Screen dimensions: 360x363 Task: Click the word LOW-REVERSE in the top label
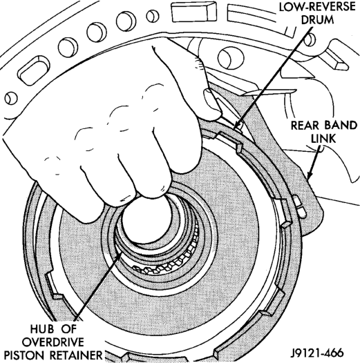point(317,7)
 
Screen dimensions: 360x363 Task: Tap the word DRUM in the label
point(317,20)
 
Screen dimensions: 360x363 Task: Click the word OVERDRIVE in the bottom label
point(53,342)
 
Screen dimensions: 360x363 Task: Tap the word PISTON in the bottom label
point(25,355)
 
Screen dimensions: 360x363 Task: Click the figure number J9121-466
point(317,353)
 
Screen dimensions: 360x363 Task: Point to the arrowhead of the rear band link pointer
point(310,175)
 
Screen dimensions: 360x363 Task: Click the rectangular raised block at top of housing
point(193,12)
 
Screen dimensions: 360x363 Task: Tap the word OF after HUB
point(69,328)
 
